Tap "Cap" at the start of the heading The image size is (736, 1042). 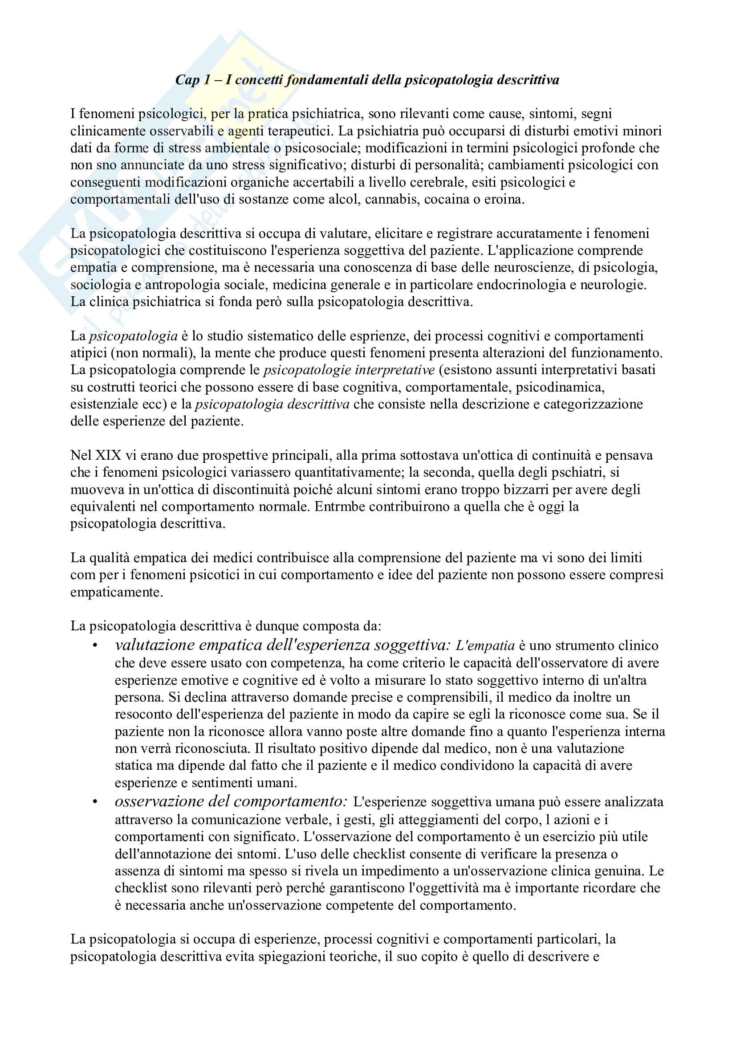pos(187,80)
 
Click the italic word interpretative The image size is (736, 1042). pos(395,370)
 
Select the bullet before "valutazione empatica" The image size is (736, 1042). pos(95,646)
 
